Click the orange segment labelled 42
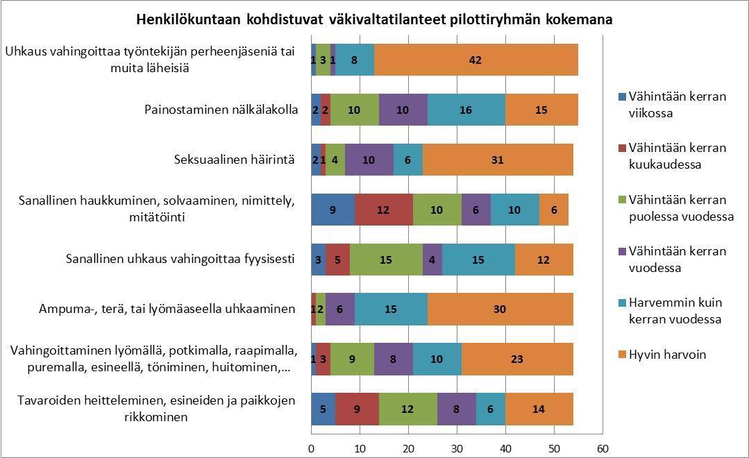click(x=476, y=60)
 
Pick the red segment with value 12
click(x=383, y=210)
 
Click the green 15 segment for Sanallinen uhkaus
click(x=385, y=260)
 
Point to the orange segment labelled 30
click(x=499, y=309)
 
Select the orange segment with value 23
click(x=517, y=359)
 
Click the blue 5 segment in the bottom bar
click(x=323, y=409)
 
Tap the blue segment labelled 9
click(x=333, y=210)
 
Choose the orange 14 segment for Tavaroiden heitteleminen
click(x=539, y=409)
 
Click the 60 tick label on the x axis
click(x=603, y=448)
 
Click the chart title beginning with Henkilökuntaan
click(x=373, y=19)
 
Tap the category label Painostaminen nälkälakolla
click(x=221, y=110)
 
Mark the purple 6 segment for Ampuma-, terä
click(x=339, y=309)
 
